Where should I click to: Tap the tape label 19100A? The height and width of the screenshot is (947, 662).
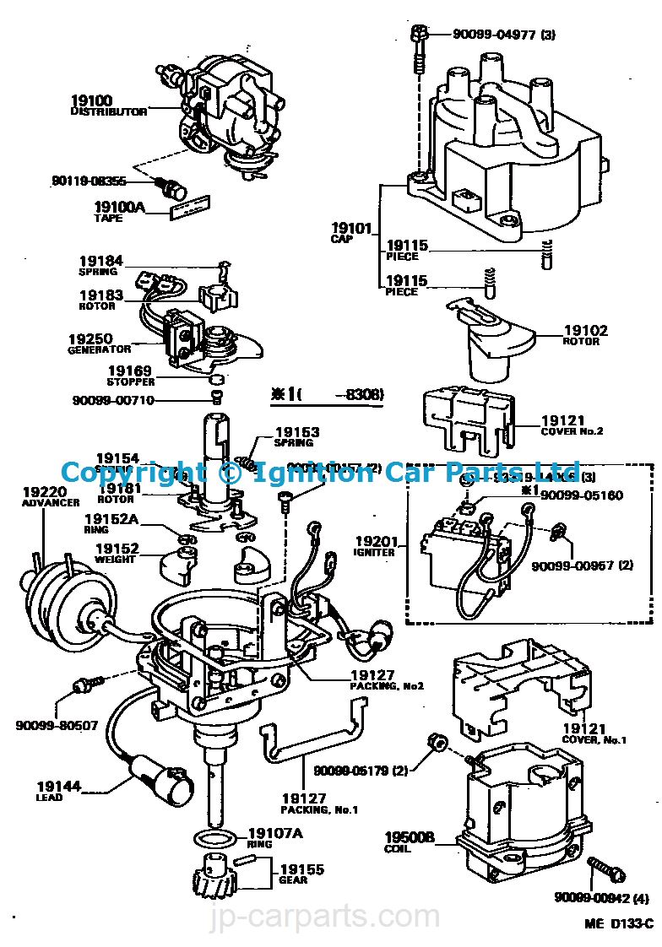[x=119, y=206]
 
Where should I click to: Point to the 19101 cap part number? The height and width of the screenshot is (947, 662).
[x=350, y=228]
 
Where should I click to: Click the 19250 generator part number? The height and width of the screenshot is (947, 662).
[x=90, y=338]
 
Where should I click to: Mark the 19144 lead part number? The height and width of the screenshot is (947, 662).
[x=58, y=786]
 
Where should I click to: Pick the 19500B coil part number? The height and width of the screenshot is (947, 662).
[x=409, y=837]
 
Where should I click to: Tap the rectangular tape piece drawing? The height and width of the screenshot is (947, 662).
[x=191, y=208]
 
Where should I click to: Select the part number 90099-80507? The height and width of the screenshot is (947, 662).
[x=57, y=724]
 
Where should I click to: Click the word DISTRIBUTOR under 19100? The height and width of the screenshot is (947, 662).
[x=108, y=111]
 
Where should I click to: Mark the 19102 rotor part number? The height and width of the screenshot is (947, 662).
[x=585, y=331]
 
